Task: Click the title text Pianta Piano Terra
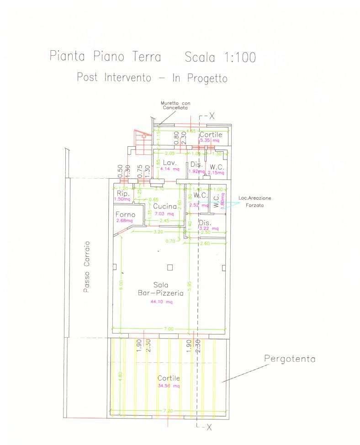(x=105, y=57)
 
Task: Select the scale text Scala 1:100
(x=220, y=57)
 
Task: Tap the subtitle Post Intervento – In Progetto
(x=152, y=78)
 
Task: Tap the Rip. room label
(x=123, y=194)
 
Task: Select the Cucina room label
(x=165, y=207)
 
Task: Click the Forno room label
(x=125, y=215)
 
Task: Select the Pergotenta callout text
(x=290, y=359)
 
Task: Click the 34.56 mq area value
(x=169, y=386)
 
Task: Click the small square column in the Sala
(x=170, y=267)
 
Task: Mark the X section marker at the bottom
(x=208, y=427)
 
